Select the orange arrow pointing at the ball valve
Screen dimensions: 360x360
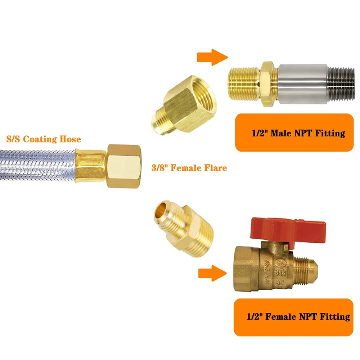pos(213,273)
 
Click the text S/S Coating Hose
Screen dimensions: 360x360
pos(44,139)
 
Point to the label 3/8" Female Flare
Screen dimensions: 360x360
pos(189,168)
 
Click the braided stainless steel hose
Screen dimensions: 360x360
pos(38,165)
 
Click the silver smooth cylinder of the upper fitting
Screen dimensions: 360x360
pos(303,84)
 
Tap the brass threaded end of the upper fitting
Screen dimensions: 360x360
pos(244,84)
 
